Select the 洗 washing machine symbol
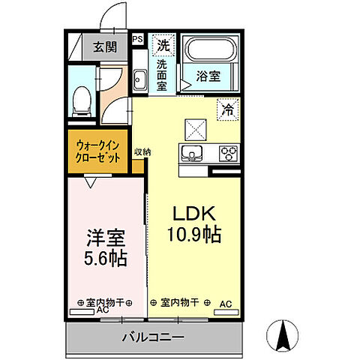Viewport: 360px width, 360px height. click(x=163, y=45)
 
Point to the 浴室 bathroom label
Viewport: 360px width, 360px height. click(x=208, y=76)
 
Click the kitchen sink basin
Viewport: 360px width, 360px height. click(x=192, y=154)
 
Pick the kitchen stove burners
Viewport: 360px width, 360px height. click(x=228, y=154)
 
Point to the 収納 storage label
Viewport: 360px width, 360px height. click(x=142, y=151)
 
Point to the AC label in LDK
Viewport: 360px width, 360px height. click(x=225, y=303)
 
